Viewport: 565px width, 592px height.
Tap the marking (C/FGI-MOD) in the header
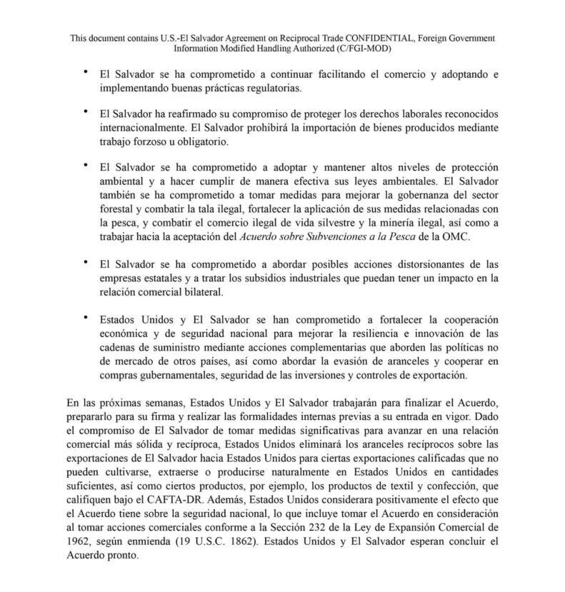point(359,49)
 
